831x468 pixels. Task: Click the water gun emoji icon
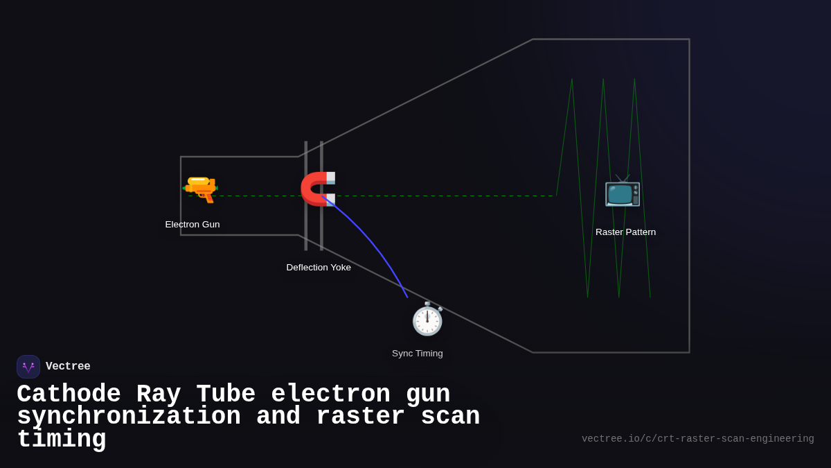click(200, 189)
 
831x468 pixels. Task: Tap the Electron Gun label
click(193, 225)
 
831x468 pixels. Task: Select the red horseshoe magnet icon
click(318, 189)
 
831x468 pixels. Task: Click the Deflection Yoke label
click(319, 268)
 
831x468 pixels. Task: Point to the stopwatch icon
click(427, 319)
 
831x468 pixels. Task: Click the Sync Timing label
click(418, 354)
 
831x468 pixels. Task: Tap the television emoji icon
click(623, 191)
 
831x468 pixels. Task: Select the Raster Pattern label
click(625, 232)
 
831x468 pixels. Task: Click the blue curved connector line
click(374, 243)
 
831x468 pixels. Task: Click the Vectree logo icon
click(28, 367)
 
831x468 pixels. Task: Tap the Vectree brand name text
click(68, 367)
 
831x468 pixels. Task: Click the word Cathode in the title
click(69, 395)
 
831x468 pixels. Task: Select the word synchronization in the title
click(129, 417)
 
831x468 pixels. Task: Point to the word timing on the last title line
click(62, 440)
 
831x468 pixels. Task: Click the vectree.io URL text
click(697, 439)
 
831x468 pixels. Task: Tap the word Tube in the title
click(226, 395)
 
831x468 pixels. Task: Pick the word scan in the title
click(451, 417)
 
